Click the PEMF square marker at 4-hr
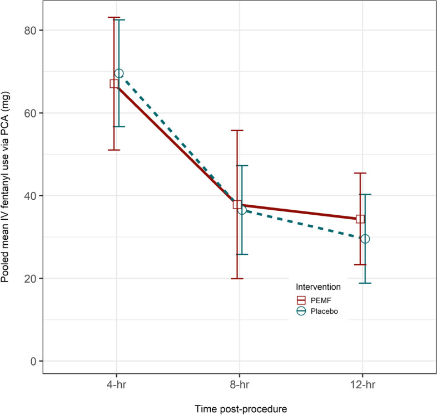(x=114, y=83)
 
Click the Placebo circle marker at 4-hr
(x=119, y=73)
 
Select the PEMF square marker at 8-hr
(x=237, y=205)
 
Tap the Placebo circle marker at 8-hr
(x=242, y=210)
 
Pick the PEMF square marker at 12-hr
(x=360, y=219)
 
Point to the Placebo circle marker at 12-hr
(x=365, y=239)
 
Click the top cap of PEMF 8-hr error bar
(x=237, y=130)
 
